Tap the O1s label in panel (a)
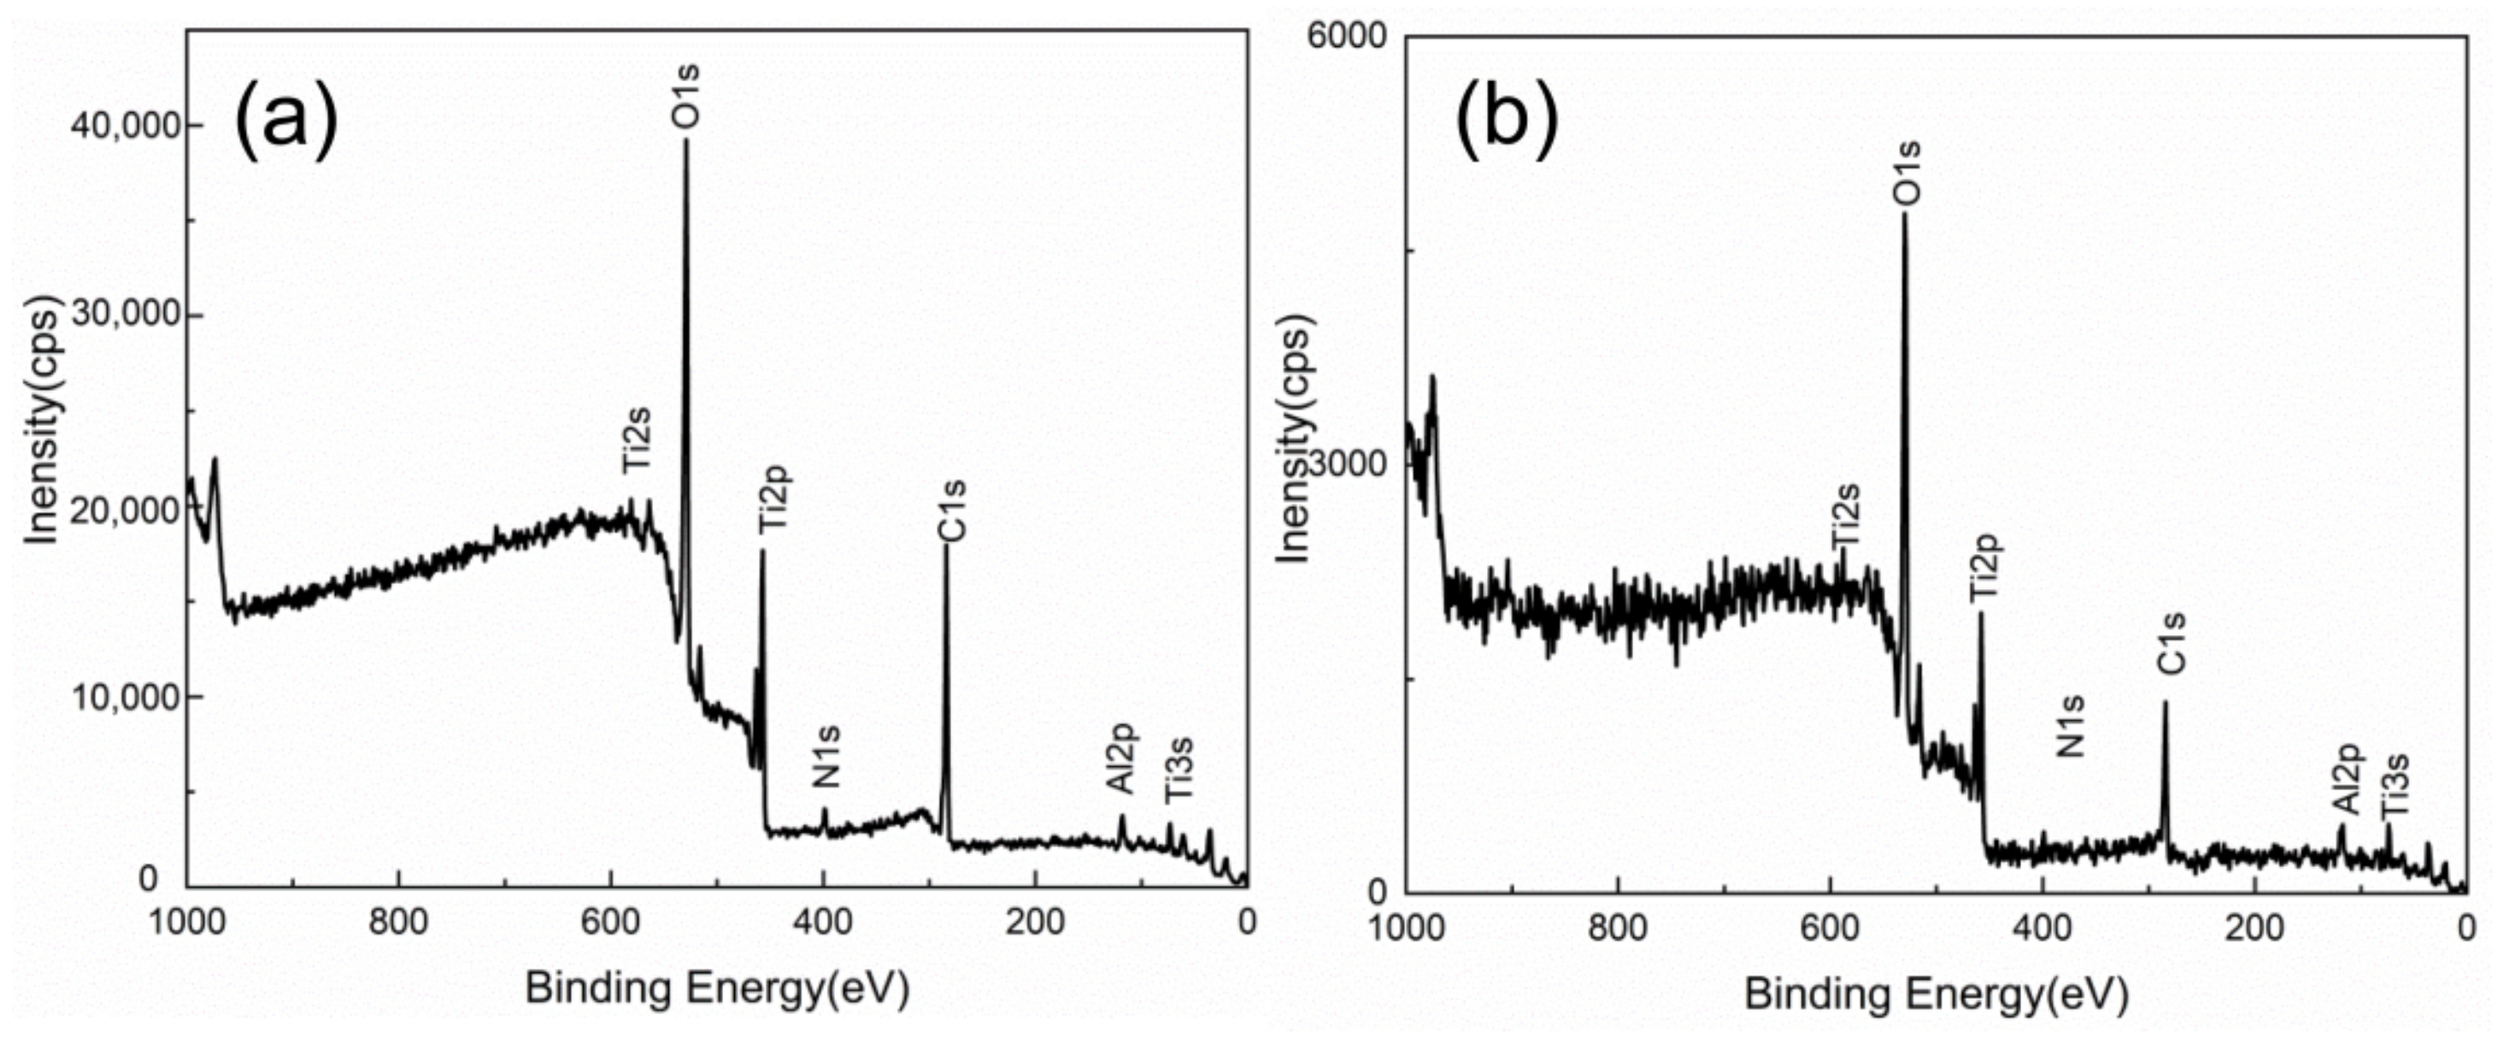pos(686,96)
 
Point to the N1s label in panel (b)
pos(2071,726)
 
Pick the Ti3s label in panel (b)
pos(2394,786)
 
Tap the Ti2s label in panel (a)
pos(637,439)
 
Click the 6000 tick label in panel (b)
pos(1347,36)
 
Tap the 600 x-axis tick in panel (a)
pos(611,921)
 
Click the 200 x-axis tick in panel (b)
pos(2254,926)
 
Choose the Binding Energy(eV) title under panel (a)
pos(717,988)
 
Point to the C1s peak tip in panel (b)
pos(2165,702)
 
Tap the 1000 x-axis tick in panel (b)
pos(1406,926)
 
